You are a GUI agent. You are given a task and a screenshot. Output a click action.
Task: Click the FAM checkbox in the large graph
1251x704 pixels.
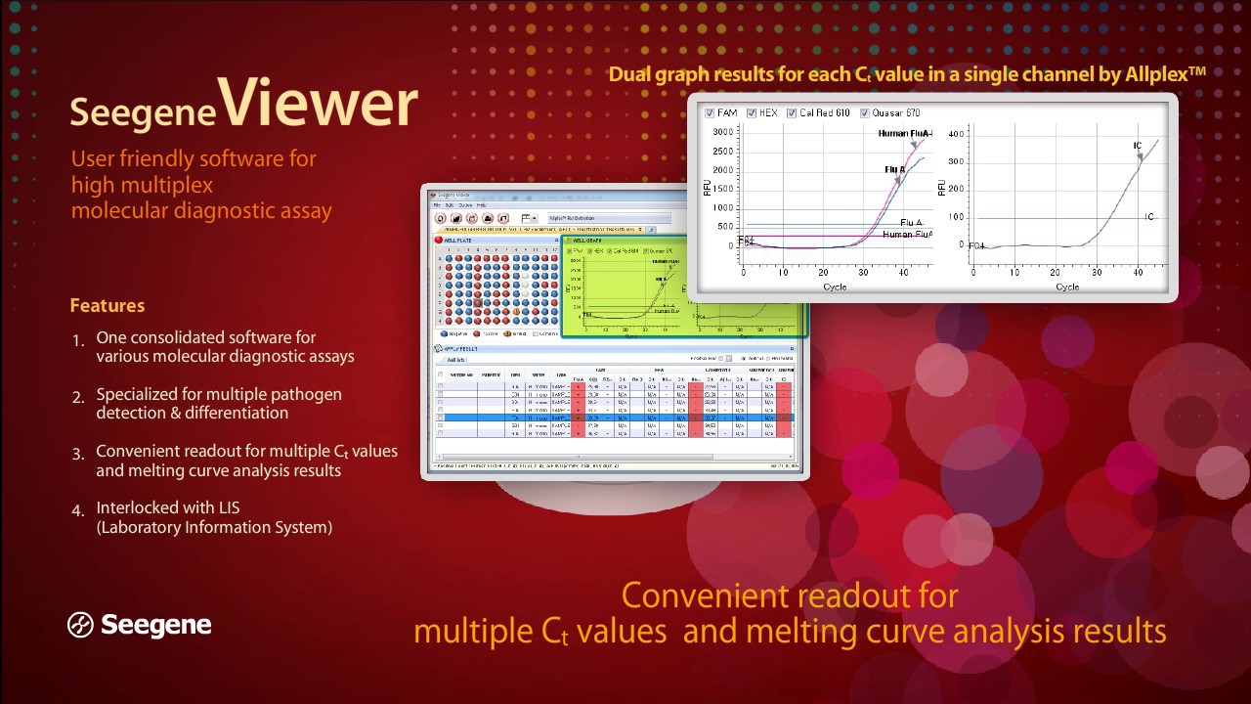(711, 113)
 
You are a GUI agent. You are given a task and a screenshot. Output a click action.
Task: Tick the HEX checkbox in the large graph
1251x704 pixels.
(753, 113)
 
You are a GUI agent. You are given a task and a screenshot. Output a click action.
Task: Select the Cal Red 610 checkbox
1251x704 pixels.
(793, 113)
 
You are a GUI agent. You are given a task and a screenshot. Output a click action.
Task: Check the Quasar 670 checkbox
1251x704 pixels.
(865, 113)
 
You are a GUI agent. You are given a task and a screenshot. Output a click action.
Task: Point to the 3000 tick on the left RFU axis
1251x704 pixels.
(724, 132)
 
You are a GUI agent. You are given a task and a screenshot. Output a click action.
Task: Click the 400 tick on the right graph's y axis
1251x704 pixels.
(957, 134)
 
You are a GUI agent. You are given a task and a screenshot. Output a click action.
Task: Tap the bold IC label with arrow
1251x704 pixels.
(1138, 147)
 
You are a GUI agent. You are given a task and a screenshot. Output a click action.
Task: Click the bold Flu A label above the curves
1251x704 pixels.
(894, 169)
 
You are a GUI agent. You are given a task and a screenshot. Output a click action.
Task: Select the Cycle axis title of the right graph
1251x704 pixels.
(1067, 286)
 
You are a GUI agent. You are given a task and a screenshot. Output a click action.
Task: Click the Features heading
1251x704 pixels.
(108, 306)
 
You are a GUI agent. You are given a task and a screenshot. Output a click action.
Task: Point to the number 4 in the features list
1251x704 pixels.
(77, 510)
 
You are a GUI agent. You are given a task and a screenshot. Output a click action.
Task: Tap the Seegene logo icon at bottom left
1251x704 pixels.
(80, 625)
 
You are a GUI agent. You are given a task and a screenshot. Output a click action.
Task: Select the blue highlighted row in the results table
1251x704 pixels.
(616, 418)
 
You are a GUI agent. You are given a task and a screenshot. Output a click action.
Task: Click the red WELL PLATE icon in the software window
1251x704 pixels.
(439, 240)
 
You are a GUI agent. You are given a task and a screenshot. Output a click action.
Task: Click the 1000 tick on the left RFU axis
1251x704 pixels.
(724, 207)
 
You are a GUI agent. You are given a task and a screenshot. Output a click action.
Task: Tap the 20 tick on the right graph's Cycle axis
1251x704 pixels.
(1057, 272)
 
